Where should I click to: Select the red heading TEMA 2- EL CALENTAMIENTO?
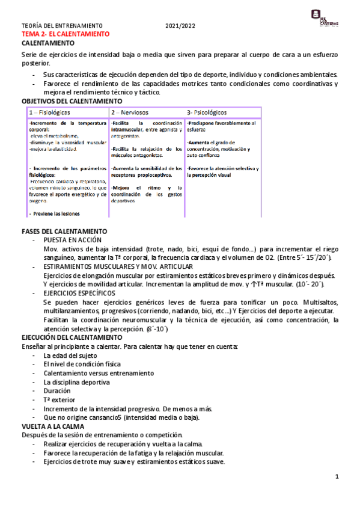(65, 34)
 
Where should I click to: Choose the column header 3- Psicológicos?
(207, 112)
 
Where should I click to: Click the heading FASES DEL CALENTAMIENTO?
(64, 231)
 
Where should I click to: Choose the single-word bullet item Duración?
(57, 390)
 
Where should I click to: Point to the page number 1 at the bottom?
(337, 477)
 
